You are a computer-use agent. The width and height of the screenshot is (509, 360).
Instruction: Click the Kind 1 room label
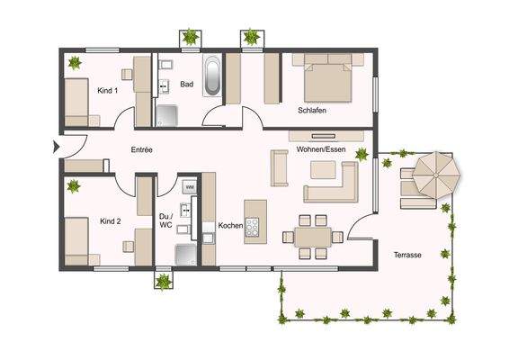point(109,90)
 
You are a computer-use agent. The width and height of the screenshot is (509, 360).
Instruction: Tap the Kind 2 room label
point(109,220)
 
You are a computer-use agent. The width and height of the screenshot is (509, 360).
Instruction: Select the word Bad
point(187,85)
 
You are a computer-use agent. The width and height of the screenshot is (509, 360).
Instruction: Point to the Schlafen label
point(311,111)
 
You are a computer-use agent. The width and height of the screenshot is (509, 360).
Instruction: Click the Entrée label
point(141,149)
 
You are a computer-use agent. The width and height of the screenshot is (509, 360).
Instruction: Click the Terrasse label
point(407,255)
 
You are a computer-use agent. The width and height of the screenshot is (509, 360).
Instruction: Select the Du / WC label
point(165,220)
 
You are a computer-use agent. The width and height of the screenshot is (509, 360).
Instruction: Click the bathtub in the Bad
point(213,77)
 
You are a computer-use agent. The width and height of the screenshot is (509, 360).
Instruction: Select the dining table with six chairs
point(312,237)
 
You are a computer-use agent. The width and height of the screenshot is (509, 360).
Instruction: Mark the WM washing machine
point(189,186)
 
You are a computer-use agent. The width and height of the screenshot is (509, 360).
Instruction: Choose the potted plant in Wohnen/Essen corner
point(362,154)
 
